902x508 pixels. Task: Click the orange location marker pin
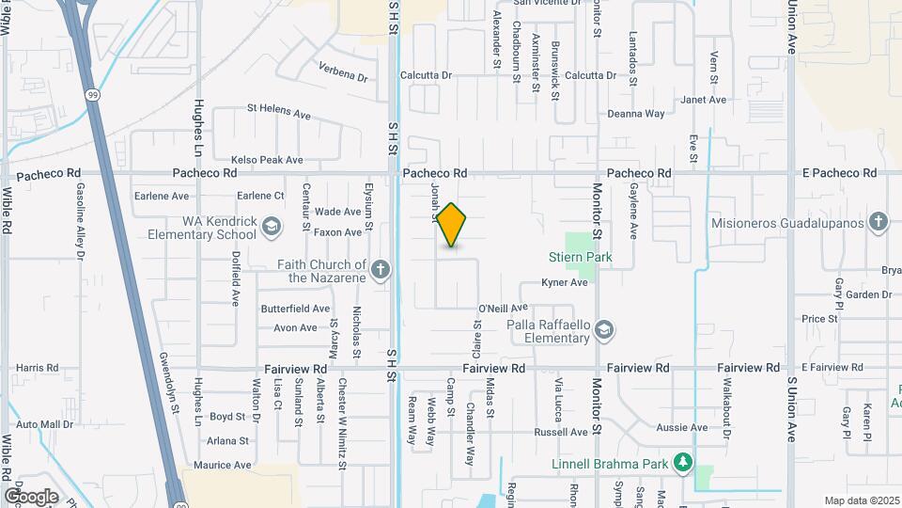coord(452,225)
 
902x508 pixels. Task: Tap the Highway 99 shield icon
coord(91,95)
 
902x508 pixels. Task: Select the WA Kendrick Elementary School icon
coord(272,227)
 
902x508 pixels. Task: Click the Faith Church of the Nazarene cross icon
coord(381,271)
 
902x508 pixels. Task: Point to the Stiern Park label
coord(580,257)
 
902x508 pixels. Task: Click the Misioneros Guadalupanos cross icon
coord(878,223)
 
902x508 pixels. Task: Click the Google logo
coord(31,496)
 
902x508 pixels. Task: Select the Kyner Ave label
coord(565,283)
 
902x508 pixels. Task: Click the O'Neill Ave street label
coord(503,308)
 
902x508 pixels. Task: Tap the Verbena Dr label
coord(342,71)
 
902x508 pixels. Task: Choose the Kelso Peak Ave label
coord(267,160)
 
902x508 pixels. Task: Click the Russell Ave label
coord(560,433)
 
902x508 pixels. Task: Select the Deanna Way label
coord(636,114)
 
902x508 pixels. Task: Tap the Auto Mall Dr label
coord(44,425)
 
